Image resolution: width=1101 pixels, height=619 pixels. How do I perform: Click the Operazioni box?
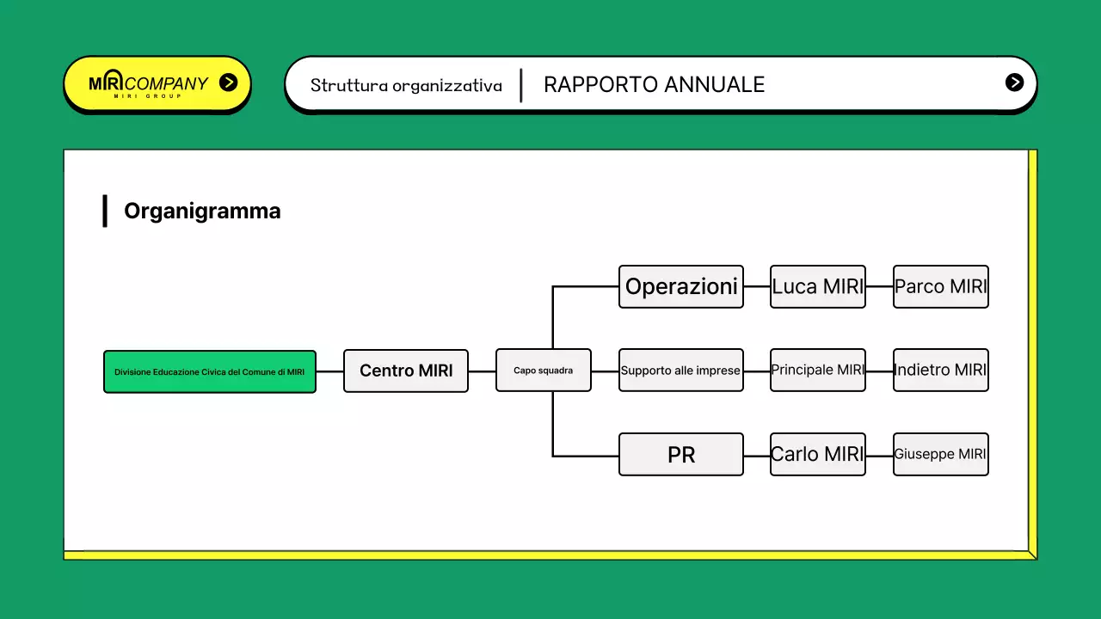tap(680, 286)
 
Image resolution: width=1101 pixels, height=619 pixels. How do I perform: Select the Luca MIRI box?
tap(817, 286)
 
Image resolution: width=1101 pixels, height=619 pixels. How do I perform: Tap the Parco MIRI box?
tap(940, 286)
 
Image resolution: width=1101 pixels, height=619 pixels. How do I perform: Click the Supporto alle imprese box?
tap(680, 371)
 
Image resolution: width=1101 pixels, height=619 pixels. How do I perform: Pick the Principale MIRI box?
tap(817, 371)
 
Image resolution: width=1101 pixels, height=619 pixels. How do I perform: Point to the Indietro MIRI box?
tap(940, 371)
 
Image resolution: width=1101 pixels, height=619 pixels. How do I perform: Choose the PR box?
tap(680, 454)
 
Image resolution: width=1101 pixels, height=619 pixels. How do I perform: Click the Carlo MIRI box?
tap(817, 454)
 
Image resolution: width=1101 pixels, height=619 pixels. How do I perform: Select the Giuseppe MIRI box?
tap(940, 454)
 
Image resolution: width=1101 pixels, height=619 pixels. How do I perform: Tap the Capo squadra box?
tap(543, 371)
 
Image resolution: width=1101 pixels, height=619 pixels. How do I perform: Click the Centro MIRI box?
tap(405, 371)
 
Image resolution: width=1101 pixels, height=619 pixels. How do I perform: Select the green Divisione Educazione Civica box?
tap(209, 371)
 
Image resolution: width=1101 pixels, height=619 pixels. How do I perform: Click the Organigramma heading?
tap(202, 211)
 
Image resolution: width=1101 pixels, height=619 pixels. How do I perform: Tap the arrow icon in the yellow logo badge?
tap(228, 83)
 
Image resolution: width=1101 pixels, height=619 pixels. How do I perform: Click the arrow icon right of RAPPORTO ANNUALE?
tap(1014, 83)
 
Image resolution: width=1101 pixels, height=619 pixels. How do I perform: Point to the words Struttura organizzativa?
tap(406, 85)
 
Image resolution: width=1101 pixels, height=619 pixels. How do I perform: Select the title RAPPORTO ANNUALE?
tap(654, 84)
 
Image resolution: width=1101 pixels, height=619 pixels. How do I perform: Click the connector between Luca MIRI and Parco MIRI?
tap(879, 286)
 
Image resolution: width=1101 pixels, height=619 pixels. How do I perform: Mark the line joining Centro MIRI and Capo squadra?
tap(482, 371)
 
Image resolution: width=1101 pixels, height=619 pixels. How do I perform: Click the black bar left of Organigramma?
tap(105, 211)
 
